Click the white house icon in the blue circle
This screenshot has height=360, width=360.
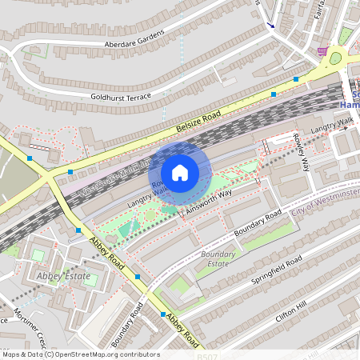coord(180,173)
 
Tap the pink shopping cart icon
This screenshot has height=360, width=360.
coord(322,51)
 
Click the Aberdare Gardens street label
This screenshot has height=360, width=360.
coord(134,38)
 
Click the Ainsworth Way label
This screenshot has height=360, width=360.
coord(206,203)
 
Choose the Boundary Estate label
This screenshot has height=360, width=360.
coord(218,258)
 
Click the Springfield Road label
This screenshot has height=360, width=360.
coord(274,272)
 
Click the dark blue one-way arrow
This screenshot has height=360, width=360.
coord(269,24)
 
